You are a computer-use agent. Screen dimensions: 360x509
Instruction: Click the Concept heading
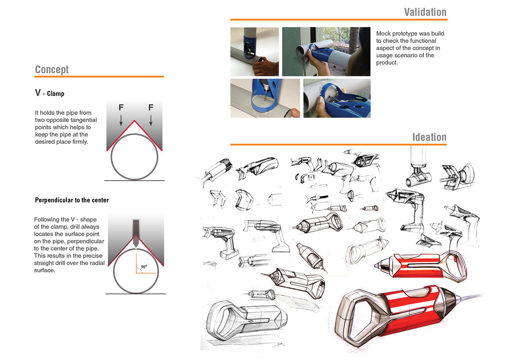point(52,69)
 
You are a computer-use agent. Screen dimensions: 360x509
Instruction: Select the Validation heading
point(425,12)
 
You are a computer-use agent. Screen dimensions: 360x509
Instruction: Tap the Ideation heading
point(429,137)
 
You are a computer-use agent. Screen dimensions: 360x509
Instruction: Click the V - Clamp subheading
point(50,93)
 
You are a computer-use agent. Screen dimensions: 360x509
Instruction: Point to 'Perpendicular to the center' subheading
point(72,200)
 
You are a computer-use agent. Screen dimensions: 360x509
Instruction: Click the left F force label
point(121,108)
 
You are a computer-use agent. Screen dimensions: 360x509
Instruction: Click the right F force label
point(151,108)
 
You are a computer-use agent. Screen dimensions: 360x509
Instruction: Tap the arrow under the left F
point(121,120)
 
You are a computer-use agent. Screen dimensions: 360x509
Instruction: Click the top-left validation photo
point(254,52)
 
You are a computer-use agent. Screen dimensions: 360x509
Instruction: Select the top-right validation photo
point(326,52)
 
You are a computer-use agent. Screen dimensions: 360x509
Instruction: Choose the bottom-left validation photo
point(265,98)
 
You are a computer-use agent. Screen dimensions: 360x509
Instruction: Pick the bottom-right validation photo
point(337,98)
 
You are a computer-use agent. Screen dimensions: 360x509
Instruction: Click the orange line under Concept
point(99,76)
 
